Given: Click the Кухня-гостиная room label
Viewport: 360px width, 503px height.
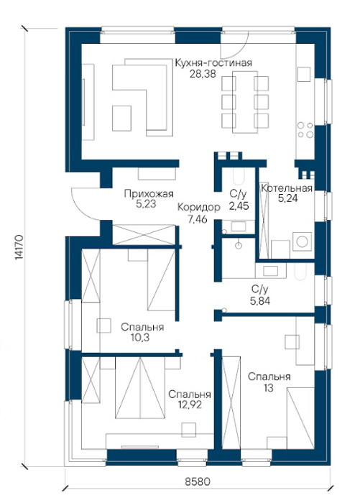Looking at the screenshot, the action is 213,63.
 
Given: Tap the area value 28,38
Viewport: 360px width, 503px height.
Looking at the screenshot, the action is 203,74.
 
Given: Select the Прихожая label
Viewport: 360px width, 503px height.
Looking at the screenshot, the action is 149,194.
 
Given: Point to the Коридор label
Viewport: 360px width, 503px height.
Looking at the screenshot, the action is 199,207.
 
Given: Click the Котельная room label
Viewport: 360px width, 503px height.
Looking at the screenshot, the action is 287,188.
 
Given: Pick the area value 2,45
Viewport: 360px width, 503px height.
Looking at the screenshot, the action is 239,206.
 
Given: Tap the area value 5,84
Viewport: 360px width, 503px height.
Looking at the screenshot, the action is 260,301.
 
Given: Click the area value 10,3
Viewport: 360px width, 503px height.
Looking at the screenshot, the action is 139,338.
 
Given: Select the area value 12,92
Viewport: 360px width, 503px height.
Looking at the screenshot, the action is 190,405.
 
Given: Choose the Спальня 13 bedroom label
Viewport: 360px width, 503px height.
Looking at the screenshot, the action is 269,382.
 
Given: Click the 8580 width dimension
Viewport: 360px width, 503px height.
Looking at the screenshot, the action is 198,481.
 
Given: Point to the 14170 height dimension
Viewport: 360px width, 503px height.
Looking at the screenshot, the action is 19,246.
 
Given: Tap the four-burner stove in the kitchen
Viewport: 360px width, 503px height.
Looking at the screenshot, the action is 305,130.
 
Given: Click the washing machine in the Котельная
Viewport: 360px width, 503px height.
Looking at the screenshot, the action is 302,241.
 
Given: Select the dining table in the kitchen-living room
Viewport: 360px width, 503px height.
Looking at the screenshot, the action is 244,102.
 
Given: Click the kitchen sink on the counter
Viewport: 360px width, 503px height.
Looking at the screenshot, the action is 304,75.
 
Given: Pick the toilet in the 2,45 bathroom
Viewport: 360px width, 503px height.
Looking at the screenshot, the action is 239,177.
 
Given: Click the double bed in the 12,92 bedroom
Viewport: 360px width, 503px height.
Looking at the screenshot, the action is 141,388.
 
